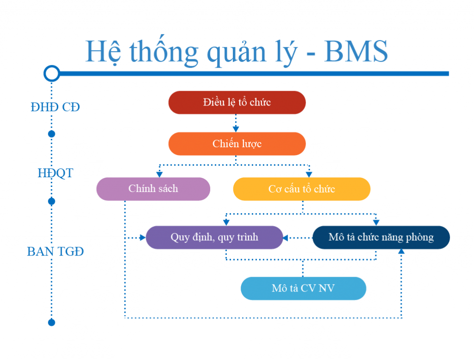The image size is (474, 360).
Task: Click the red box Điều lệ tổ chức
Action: pos(237,102)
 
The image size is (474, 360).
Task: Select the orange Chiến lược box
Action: pos(237,144)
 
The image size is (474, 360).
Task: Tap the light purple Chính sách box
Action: pos(153,189)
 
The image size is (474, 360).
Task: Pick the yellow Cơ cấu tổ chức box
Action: pos(302,189)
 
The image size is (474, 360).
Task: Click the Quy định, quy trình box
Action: pos(214,237)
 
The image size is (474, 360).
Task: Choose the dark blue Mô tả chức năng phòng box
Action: pos(381,237)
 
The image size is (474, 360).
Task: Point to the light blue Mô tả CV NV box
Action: pos(304,288)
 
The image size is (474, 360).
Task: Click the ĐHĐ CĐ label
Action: pos(56,107)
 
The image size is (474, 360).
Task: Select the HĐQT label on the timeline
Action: pos(56,173)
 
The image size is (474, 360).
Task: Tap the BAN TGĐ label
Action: pos(56,251)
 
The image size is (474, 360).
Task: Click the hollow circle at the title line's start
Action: pos(52,74)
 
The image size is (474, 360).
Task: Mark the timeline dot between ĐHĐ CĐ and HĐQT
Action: pos(52,134)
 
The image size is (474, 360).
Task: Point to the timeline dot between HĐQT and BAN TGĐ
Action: pos(52,201)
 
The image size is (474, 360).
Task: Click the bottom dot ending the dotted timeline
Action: pos(52,323)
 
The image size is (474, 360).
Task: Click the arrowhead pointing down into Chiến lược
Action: pos(236,130)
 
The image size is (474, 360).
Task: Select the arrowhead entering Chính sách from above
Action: pos(160,174)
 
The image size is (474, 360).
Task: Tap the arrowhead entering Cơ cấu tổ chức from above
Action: pos(309,174)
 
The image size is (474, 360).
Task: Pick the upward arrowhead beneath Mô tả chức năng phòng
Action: pos(401,251)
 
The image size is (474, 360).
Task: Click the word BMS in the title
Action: pos(356,51)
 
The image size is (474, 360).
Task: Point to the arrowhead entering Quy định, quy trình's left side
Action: pos(143,238)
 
